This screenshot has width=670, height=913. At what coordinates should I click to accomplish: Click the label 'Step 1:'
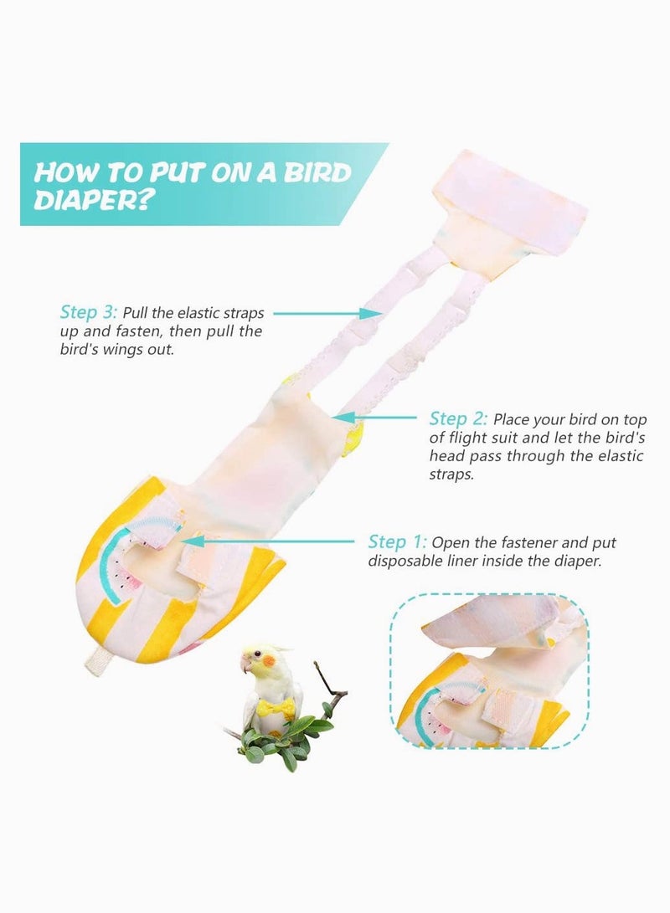[x=398, y=542]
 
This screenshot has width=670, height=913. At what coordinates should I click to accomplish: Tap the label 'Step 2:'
[x=458, y=418]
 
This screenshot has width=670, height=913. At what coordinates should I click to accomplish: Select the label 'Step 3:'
[x=89, y=313]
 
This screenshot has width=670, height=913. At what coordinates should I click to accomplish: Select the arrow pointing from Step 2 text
[x=377, y=417]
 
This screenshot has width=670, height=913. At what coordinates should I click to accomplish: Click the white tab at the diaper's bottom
[x=97, y=659]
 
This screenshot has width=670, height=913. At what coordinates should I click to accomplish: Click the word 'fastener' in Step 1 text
[x=547, y=543]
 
